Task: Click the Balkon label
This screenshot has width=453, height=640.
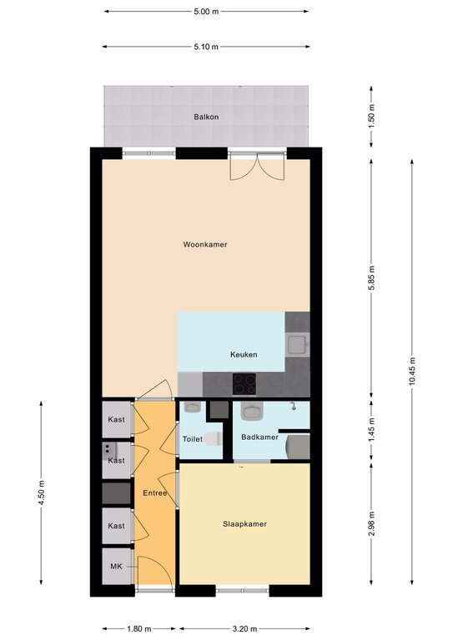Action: coord(206,117)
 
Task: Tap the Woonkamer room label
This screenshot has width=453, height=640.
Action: coord(205,244)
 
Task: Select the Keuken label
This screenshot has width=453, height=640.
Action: coord(244,354)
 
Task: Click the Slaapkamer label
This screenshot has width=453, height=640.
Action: coord(244,524)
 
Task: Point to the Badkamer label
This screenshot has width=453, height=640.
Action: coord(259,437)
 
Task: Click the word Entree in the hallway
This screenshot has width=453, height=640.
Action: coord(155,493)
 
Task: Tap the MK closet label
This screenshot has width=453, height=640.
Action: coord(117,567)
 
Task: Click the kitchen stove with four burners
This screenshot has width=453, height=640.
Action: coord(244,384)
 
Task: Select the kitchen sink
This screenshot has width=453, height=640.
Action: coord(298,344)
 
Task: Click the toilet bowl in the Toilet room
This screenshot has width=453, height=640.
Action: coord(213,439)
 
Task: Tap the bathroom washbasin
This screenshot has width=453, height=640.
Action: coord(253,412)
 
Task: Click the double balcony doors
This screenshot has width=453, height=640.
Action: coord(256,166)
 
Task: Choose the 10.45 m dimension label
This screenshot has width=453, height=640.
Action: coord(412,371)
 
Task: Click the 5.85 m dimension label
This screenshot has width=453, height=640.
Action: coord(371,278)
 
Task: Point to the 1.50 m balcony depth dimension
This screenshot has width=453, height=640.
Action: coord(371,117)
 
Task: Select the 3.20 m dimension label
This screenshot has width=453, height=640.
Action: coord(244,628)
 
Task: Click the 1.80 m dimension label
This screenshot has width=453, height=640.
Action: coord(138,628)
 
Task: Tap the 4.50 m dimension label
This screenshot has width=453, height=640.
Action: coord(41,493)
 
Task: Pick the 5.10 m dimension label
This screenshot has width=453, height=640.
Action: coord(206,47)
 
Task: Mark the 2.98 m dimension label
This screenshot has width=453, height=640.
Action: coord(371,524)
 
